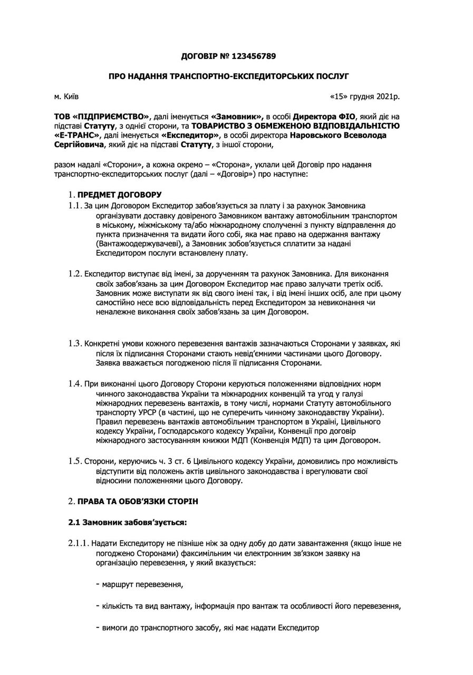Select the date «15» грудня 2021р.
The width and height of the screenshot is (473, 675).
pos(364,97)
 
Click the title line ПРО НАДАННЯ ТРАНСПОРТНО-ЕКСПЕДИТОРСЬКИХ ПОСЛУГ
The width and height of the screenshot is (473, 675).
pos(229,76)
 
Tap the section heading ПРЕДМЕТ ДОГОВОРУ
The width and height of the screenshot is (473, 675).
pos(120,195)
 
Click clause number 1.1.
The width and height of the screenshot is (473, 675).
pos(75,205)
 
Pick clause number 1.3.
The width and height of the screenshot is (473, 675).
pos(75,344)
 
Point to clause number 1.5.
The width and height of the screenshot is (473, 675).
pos(75,461)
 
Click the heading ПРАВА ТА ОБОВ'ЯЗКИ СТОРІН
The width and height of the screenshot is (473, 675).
pos(138,502)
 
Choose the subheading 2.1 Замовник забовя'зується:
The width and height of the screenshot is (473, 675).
pos(128,523)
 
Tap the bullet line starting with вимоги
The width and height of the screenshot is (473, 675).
pos(208,628)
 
